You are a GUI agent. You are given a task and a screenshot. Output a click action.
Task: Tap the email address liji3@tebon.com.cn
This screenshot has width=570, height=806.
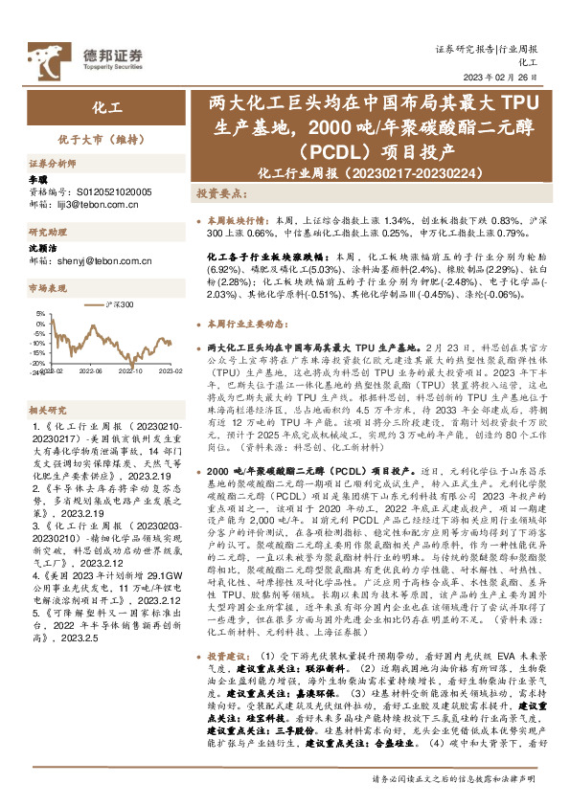[93, 204]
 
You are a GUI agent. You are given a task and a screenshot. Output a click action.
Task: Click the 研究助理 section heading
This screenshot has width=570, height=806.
[45, 232]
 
